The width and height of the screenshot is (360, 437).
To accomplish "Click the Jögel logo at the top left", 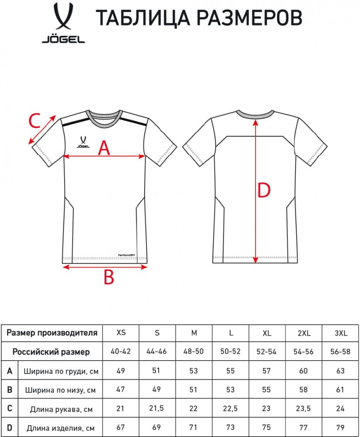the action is click(63, 23).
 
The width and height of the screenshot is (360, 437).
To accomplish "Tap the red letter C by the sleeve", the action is click(35, 121).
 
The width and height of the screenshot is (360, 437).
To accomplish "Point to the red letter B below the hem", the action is click(109, 277).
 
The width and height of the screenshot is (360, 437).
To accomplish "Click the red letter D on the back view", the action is click(264, 191).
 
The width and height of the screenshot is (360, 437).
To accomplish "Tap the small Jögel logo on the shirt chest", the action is click(83, 142).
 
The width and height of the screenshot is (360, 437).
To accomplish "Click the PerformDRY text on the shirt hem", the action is click(127, 255).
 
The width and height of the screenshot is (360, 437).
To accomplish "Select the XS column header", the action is click(121, 333).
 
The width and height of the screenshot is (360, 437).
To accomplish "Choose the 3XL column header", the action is click(341, 333).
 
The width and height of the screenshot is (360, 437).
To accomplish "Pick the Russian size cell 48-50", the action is click(194, 351).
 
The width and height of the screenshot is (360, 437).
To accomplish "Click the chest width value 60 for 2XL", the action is click(304, 371).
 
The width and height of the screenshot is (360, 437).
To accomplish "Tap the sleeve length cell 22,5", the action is click(230, 409).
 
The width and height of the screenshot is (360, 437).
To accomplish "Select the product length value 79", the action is click(340, 427).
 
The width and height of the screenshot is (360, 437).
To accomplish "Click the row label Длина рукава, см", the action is click(61, 409).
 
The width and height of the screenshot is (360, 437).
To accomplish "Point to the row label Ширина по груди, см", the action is click(61, 371).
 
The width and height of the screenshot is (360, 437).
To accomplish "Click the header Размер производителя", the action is click(52, 333).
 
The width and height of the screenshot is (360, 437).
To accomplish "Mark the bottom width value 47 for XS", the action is click(121, 389).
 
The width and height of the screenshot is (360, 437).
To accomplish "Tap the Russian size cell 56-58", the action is click(340, 352).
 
